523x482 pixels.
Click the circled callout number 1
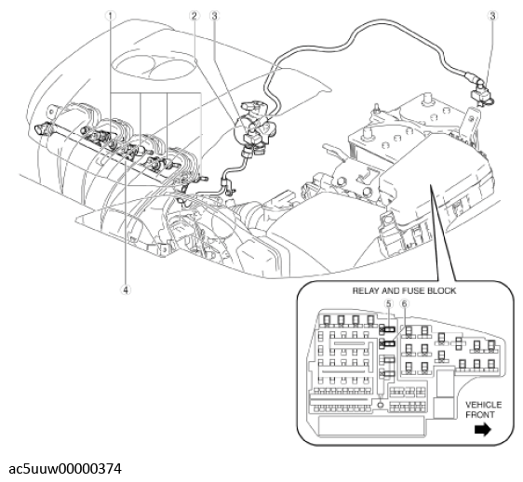point(111,16)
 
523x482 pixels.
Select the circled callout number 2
point(194,16)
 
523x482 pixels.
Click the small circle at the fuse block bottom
point(381,405)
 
